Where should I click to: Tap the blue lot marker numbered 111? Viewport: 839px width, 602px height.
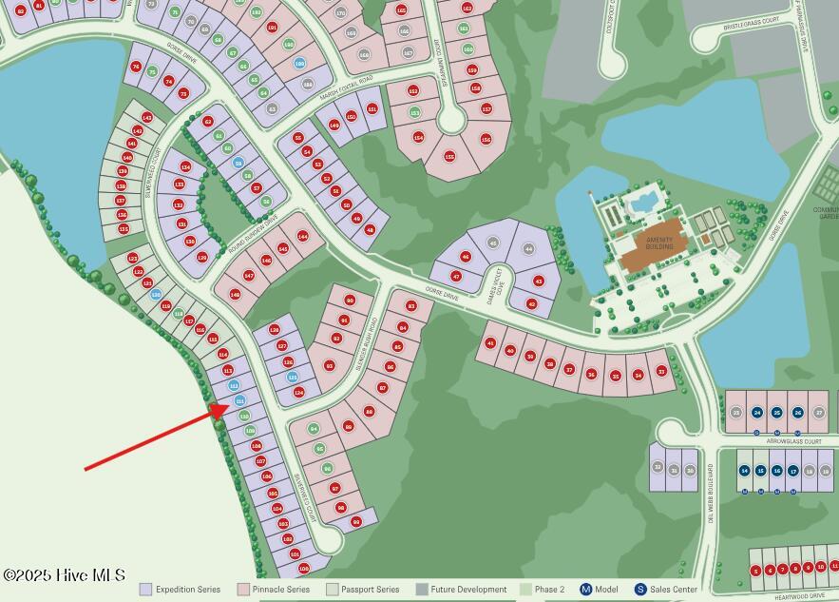click(239, 400)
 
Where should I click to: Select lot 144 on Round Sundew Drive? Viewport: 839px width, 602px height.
click(303, 235)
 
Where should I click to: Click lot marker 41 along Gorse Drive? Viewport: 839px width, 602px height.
click(491, 343)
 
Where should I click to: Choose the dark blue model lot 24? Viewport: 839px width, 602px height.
click(757, 413)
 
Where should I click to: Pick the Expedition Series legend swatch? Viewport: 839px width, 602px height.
click(145, 590)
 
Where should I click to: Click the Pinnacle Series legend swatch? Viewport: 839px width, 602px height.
click(243, 590)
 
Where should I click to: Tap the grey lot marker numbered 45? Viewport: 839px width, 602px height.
click(492, 243)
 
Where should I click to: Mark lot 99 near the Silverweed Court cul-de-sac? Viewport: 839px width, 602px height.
click(356, 521)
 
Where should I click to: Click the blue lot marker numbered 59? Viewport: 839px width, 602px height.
click(238, 163)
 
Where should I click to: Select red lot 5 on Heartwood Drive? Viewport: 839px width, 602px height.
click(756, 571)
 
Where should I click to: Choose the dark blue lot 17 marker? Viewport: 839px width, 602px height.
click(793, 471)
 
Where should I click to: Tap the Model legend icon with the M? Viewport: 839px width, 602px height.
click(586, 590)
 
